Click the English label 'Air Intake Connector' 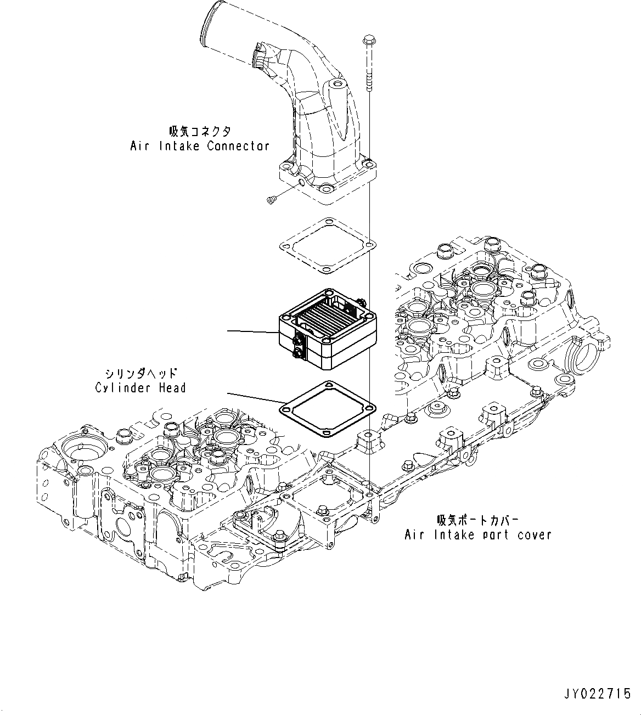pyautogui.click(x=200, y=146)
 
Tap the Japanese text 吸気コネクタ pyautogui.click(x=200, y=131)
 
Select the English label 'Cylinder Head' pyautogui.click(x=140, y=387)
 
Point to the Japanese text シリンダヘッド pyautogui.click(x=140, y=373)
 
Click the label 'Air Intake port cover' pyautogui.click(x=477, y=534)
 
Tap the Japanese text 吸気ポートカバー pyautogui.click(x=477, y=520)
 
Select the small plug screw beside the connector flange pyautogui.click(x=271, y=201)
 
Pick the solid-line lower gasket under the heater pyautogui.click(x=327, y=409)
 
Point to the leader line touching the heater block pyautogui.click(x=252, y=332)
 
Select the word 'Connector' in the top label pyautogui.click(x=238, y=146)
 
